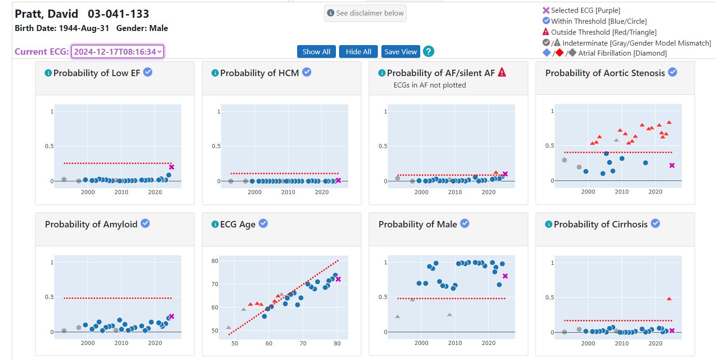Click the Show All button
coord(316,51)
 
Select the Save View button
coord(400,51)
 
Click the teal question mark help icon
coord(428,51)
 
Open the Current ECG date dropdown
coord(117,51)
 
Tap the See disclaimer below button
coord(365,13)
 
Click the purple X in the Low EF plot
coord(171,167)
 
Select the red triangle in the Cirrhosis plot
coord(669,299)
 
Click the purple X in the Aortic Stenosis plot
coord(672,165)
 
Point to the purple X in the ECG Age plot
coord(338,279)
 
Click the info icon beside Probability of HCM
coord(215,73)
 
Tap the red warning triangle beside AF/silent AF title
coord(502,72)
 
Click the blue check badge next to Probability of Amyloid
coord(145,223)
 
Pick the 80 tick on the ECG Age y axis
coord(215,261)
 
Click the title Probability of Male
coord(417,224)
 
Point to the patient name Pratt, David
coord(46,14)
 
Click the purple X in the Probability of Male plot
coord(505,276)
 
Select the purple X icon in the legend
coord(546,10)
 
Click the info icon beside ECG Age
coord(215,224)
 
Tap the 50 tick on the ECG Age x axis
coord(234,343)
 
